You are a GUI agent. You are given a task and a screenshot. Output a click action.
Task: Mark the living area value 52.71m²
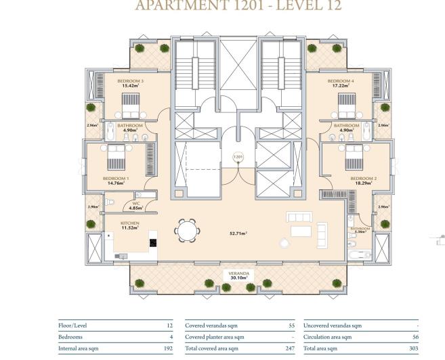tap(238, 233)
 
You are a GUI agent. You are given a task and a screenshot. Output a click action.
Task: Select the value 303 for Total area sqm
tap(415, 348)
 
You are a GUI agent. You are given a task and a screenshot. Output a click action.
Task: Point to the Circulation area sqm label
tap(327, 337)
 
